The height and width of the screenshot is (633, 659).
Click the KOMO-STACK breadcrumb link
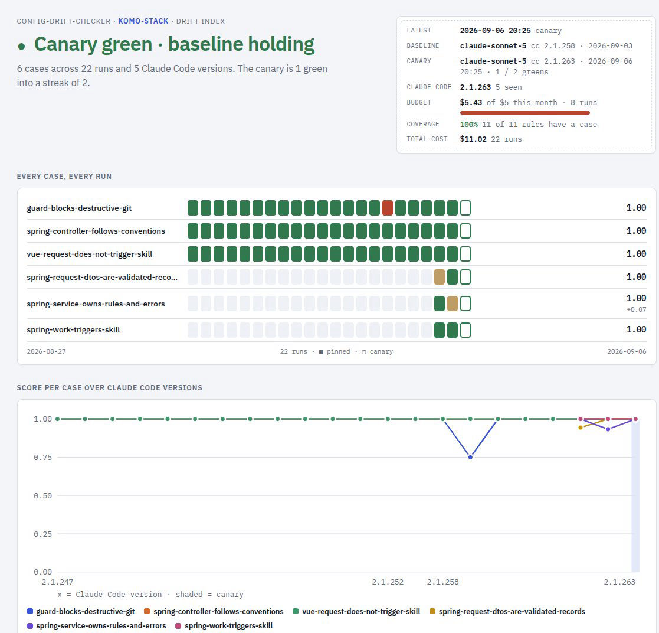tap(143, 21)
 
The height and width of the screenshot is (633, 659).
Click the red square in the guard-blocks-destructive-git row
tap(388, 208)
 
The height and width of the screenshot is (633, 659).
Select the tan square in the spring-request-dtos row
tap(439, 277)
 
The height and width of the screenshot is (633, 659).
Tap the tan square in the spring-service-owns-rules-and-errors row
tap(453, 304)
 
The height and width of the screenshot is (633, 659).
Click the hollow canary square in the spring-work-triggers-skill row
tap(465, 329)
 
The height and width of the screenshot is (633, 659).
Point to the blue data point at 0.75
tap(470, 457)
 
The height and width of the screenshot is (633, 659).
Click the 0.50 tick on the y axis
tap(43, 495)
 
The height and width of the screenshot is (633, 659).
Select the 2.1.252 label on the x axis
tap(388, 582)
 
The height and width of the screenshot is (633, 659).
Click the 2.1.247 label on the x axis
tap(57, 582)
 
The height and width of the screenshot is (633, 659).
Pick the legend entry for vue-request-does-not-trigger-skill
tap(356, 612)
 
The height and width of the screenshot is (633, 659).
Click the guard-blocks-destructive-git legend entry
tap(81, 612)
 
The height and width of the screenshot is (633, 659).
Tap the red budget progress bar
tap(525, 113)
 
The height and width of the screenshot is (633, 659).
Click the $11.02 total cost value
tap(473, 139)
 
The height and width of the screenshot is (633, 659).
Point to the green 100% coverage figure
tap(468, 125)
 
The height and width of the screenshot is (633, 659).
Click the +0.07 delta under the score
tap(637, 309)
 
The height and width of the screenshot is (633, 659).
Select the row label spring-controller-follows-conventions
tap(96, 231)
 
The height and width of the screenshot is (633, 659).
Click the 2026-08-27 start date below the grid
tap(46, 351)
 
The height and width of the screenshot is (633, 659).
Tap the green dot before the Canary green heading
tap(21, 46)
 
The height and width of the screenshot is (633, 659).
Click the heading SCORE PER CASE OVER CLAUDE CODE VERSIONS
tap(109, 388)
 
